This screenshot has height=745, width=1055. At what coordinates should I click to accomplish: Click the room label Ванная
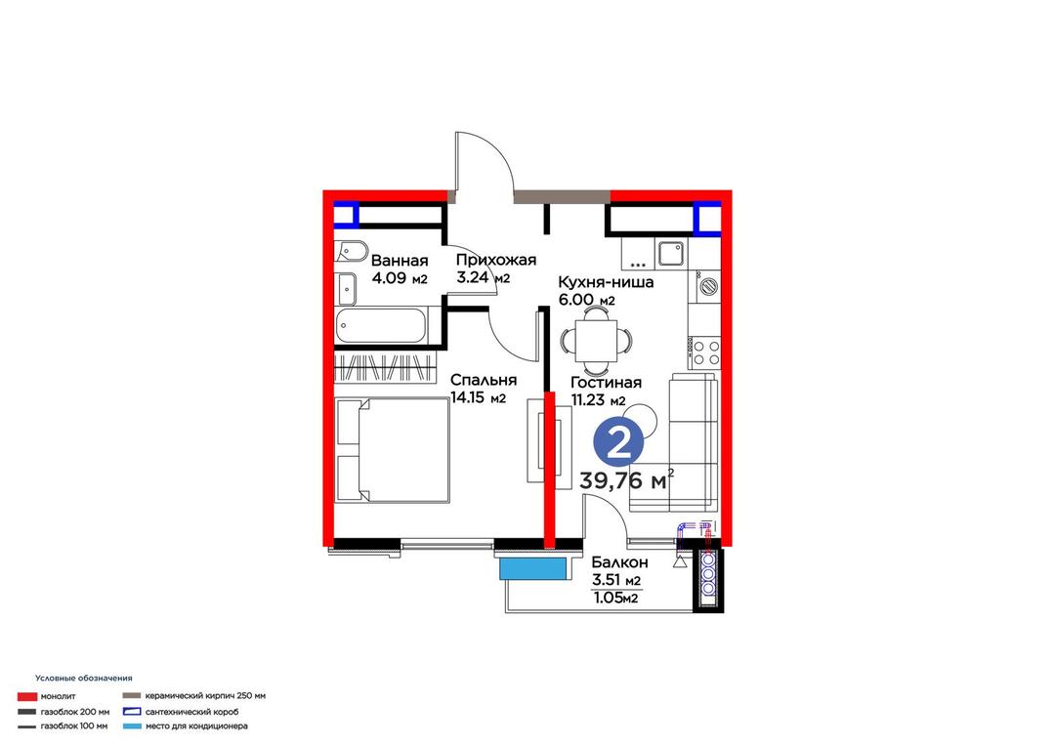[400, 261]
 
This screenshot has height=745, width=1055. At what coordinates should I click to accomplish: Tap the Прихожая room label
[496, 260]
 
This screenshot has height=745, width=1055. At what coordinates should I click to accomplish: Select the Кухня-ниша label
[606, 282]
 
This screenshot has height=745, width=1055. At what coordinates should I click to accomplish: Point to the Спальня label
[484, 380]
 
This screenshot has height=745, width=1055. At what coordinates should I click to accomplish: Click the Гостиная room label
[606, 383]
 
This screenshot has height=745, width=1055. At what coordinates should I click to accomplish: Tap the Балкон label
[619, 562]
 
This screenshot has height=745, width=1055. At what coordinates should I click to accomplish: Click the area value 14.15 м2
[478, 398]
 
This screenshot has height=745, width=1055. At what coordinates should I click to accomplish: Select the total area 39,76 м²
[626, 480]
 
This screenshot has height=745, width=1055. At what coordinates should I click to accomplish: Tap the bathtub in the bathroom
[381, 326]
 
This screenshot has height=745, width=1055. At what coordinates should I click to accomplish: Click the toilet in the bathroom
[352, 252]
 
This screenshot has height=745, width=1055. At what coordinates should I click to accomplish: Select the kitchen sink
[671, 254]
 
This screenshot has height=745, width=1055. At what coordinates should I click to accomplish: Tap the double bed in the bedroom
[392, 450]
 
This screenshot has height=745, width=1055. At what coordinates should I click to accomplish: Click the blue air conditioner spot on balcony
[532, 569]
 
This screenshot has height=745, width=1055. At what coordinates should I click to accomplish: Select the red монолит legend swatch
[27, 696]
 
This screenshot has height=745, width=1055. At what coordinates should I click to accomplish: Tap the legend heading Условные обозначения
[83, 679]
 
